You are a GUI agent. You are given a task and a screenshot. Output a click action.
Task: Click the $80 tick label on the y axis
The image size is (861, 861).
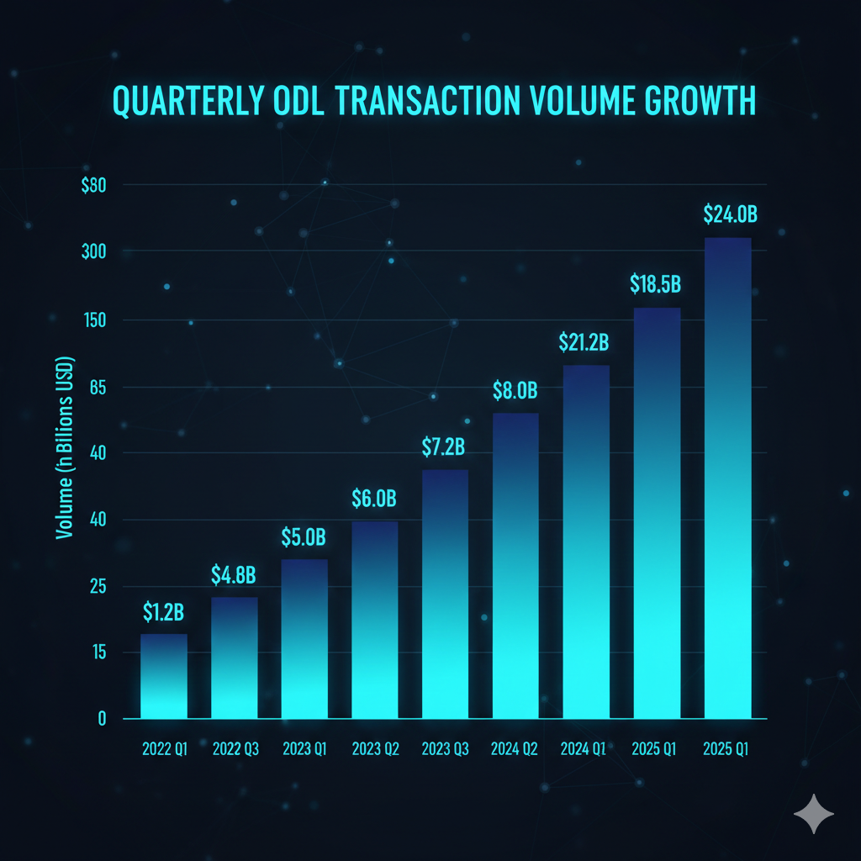tap(94, 186)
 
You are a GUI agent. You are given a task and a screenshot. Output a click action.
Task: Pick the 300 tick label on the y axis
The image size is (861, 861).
tap(95, 252)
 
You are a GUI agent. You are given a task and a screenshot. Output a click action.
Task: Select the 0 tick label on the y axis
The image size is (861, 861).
tap(103, 719)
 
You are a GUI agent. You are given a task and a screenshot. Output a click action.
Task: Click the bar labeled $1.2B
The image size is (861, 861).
tap(163, 676)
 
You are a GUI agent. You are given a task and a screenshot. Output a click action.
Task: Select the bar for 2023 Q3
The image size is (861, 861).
tap(445, 594)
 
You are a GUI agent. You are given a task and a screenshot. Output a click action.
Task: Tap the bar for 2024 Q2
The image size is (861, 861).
tap(515, 565)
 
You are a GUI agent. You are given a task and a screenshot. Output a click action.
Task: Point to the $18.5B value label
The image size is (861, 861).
tap(655, 284)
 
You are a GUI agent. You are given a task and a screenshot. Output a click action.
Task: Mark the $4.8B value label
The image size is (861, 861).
tap(233, 575)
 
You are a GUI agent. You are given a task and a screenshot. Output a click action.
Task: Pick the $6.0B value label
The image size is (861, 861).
tap(373, 499)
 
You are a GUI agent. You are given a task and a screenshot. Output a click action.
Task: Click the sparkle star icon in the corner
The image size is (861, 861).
tap(814, 813)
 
